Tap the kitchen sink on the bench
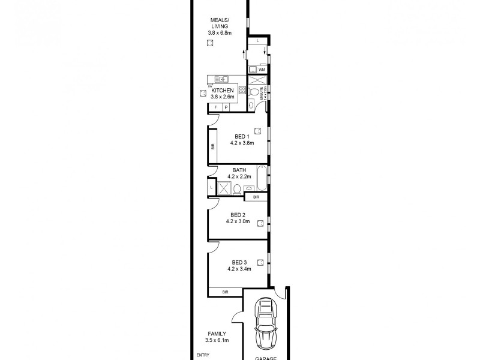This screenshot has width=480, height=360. pos(222,79)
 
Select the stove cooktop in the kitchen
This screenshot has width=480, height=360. pos(242,91)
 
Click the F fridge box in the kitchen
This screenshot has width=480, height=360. pos(217,107)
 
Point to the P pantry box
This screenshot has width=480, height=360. pos(227,107)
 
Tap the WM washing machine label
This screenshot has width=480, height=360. pos(262,70)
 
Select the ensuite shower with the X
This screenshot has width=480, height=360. pos(257,80)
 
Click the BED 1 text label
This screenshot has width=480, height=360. pos(241,137)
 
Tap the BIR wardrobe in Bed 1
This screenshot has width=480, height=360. pos(212,146)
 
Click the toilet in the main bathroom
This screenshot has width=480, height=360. pos(238,190)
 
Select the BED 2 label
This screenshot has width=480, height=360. pos(238,215)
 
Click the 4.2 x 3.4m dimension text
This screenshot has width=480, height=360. pos(238,269)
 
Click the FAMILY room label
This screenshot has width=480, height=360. pos(217,334)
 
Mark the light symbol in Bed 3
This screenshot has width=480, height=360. pos(260,262)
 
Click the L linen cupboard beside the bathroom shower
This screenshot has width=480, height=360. pos(212,188)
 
